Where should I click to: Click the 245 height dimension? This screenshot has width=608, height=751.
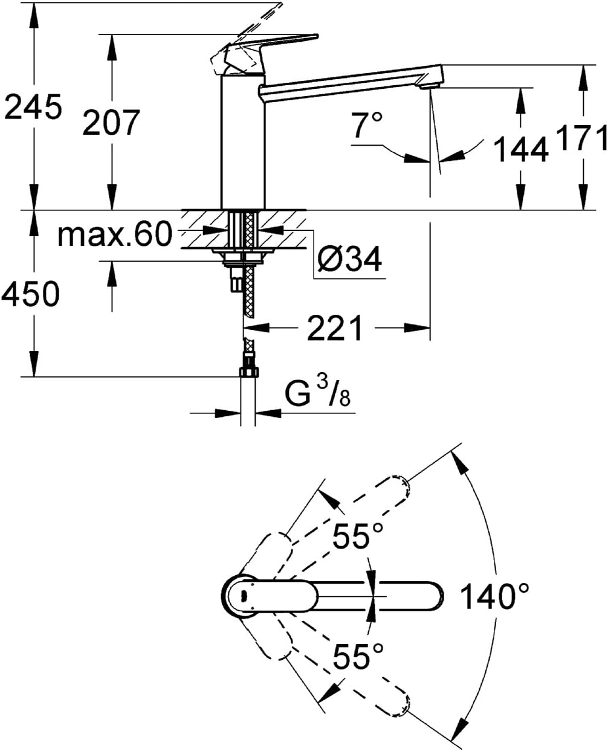pyautogui.click(x=33, y=108)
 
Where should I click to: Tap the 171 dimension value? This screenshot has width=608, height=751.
pyautogui.click(x=583, y=138)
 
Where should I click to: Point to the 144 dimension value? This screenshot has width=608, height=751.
pyautogui.click(x=521, y=149)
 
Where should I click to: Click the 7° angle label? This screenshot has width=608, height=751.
pyautogui.click(x=368, y=127)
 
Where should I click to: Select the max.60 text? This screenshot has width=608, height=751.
pyautogui.click(x=115, y=234)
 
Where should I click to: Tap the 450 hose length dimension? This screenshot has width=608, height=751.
pyautogui.click(x=31, y=294)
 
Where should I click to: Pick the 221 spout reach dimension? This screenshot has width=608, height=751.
pyautogui.click(x=336, y=328)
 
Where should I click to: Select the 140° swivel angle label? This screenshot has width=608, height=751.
pyautogui.click(x=495, y=596)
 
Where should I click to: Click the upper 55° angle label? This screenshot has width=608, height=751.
pyautogui.click(x=359, y=535)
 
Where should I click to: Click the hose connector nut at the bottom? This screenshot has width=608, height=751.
pyautogui.click(x=248, y=370)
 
